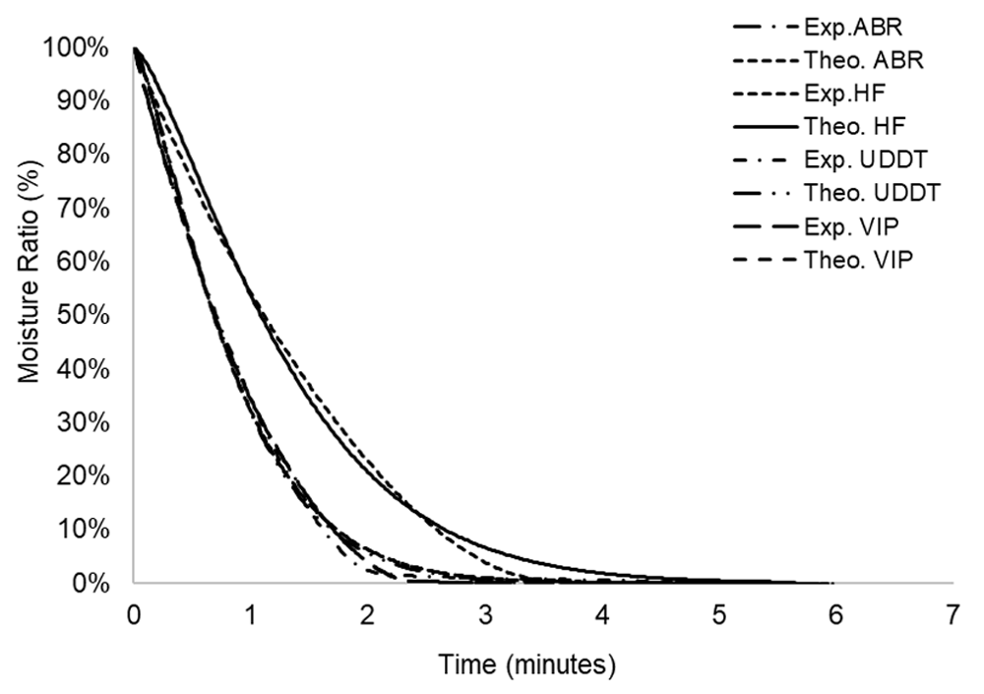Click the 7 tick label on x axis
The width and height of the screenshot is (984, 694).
(952, 616)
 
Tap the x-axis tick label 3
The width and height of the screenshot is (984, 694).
(484, 616)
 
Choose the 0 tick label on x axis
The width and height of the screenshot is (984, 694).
(134, 616)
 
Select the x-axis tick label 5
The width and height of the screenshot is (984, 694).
(718, 616)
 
